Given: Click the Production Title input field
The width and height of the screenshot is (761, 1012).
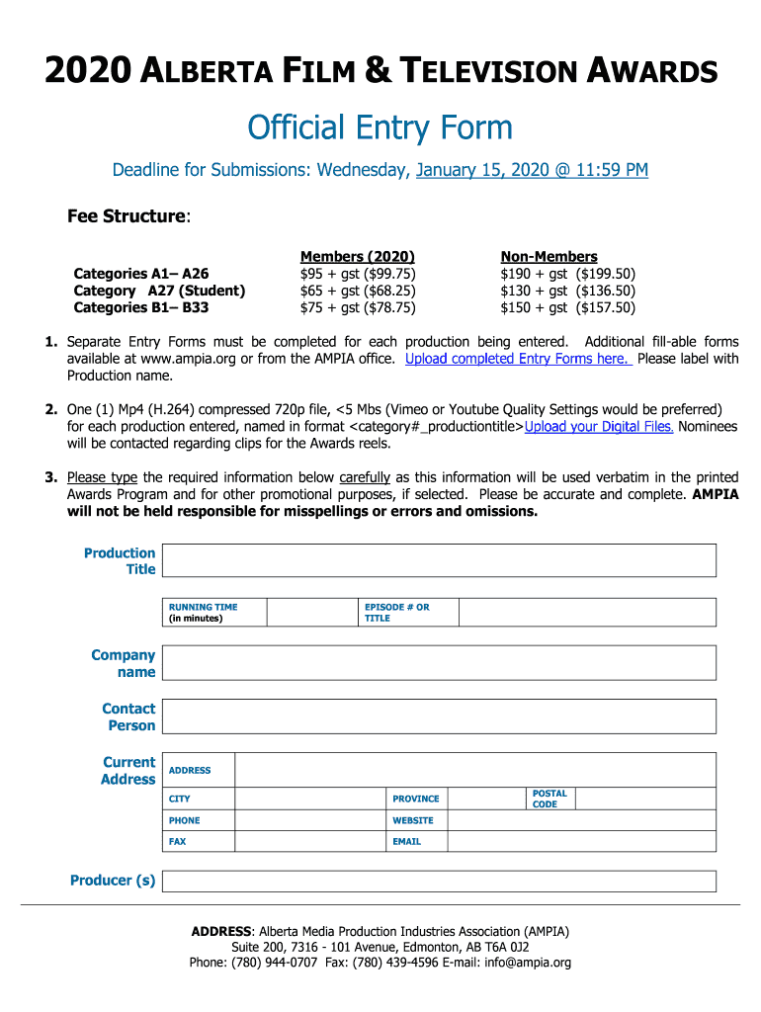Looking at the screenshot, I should (439, 560).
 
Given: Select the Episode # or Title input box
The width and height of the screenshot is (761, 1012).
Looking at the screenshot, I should (587, 612).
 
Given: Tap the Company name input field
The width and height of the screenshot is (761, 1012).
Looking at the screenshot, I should (439, 663).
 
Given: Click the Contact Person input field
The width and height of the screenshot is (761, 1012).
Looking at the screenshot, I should (439, 717).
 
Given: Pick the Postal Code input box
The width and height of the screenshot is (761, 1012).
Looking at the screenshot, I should (645, 799).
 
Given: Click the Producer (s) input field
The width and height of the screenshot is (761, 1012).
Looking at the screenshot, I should (439, 881).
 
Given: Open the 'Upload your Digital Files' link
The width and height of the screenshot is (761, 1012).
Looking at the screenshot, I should (599, 427).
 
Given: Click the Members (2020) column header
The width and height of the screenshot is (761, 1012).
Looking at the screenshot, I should (358, 256).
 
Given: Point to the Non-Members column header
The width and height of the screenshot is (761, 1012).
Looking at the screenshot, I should (549, 256).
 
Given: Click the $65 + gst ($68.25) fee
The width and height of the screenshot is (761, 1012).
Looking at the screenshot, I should (358, 291).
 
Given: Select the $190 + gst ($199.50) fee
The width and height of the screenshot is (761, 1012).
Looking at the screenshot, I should (567, 274).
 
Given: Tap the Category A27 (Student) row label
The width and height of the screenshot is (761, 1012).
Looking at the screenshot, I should (159, 291).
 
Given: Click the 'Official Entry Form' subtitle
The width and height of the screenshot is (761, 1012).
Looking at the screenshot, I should (380, 127).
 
